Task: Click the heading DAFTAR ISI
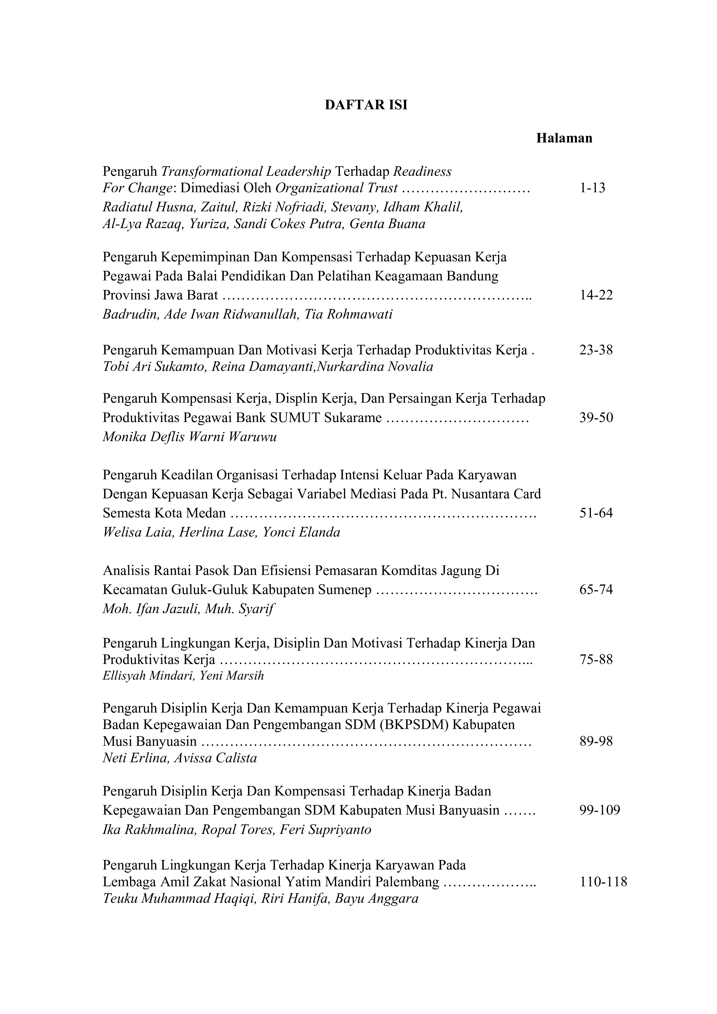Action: pos(366,105)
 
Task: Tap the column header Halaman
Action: pos(564,138)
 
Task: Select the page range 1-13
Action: pos(592,188)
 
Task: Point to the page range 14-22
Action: pos(596,295)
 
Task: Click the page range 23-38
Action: pos(596,350)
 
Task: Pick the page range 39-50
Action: pos(596,417)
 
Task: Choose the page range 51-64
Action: pos(596,513)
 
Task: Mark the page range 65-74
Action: pos(596,590)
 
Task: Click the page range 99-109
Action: pos(600,810)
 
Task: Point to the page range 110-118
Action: pos(603,882)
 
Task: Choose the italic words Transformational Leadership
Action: pos(246,171)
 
